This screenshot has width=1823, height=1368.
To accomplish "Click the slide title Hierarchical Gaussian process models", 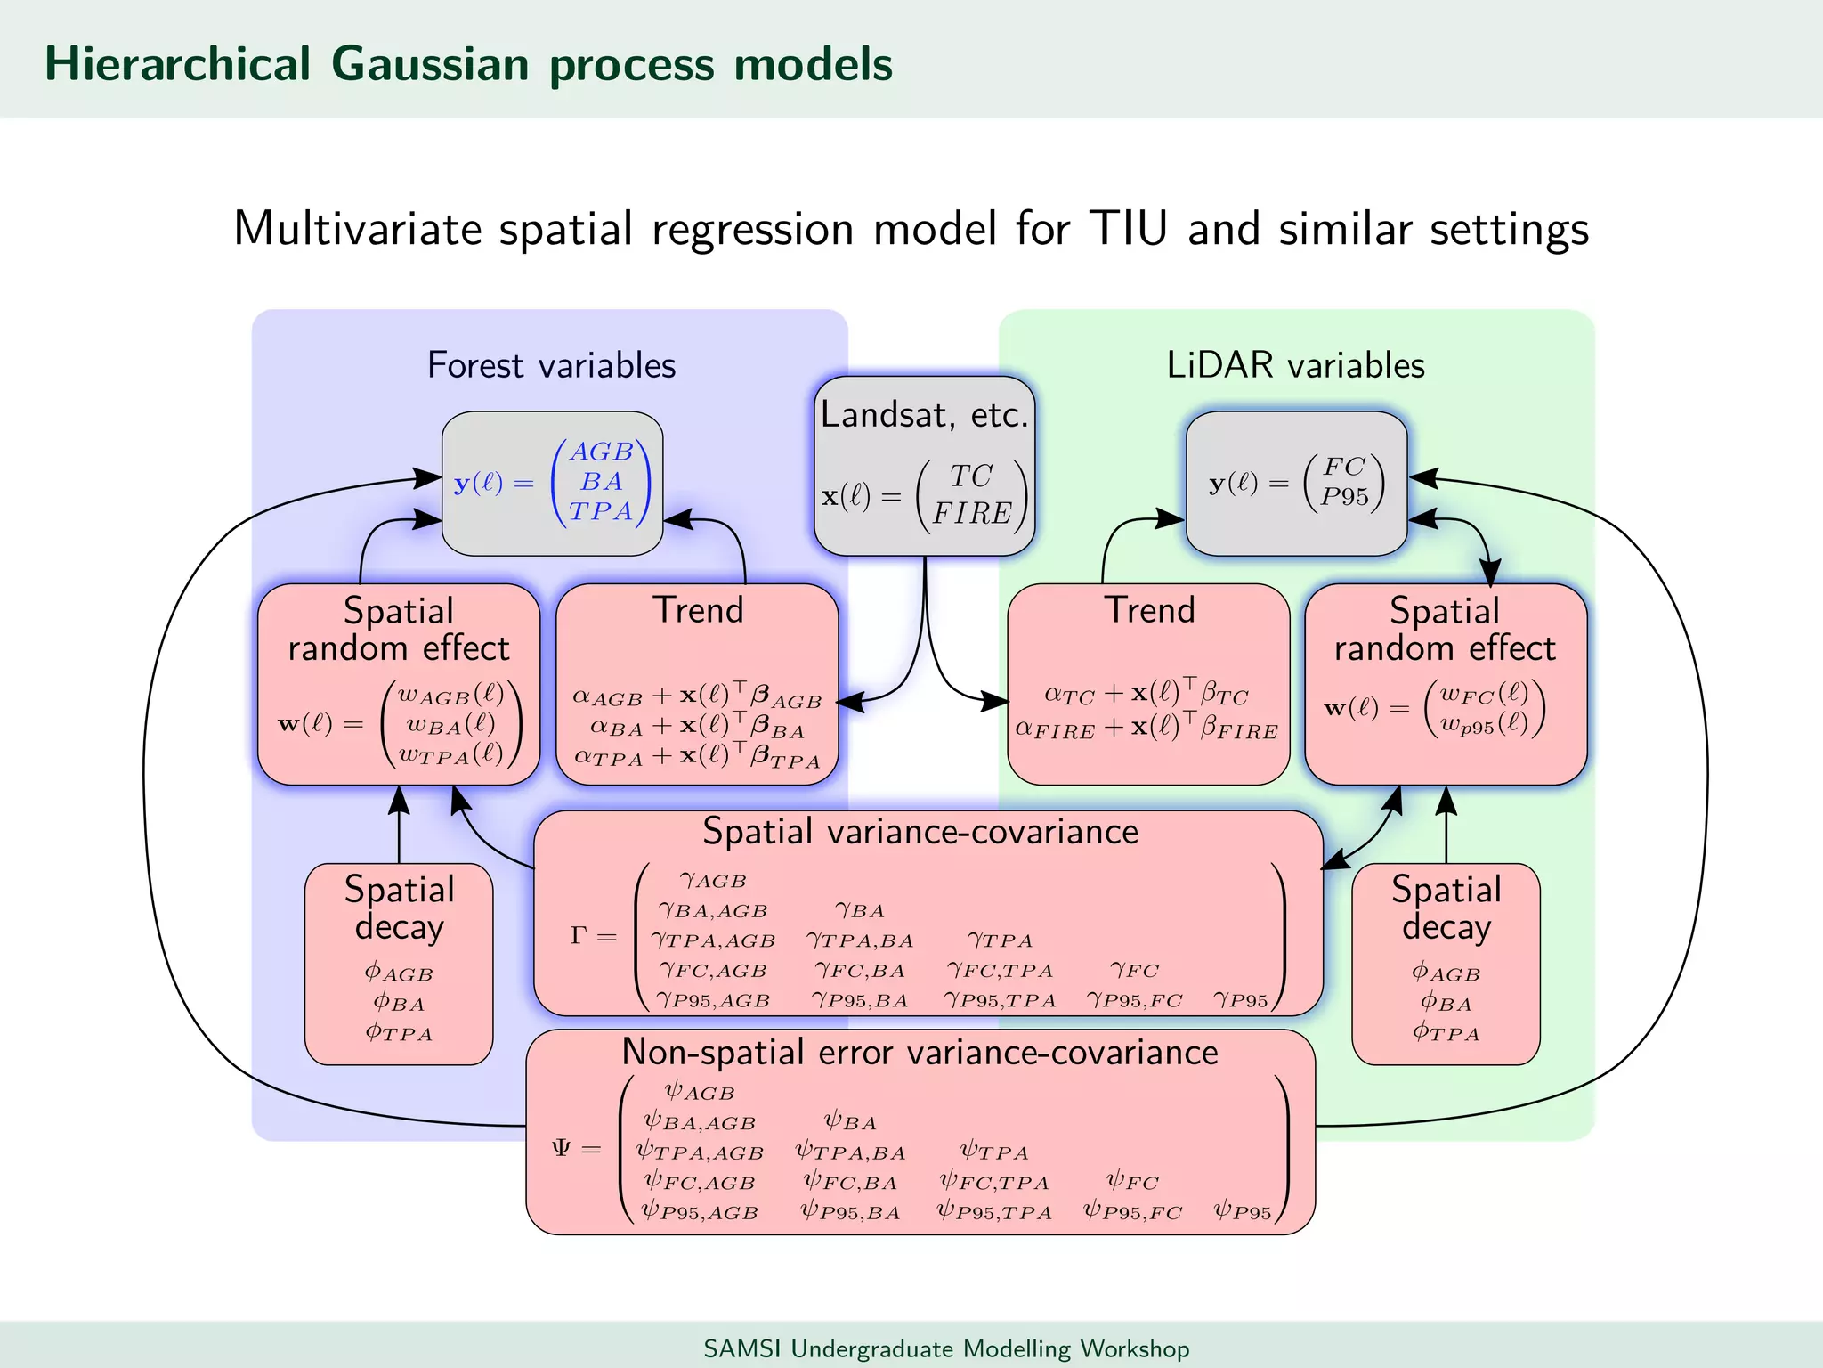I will click(468, 64).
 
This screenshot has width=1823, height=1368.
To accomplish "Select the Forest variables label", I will click(551, 365).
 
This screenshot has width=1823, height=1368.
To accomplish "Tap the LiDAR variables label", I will click(1295, 365).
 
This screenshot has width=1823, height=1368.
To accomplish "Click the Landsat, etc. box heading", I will click(924, 415).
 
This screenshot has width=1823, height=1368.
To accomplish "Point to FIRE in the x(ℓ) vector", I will click(971, 514).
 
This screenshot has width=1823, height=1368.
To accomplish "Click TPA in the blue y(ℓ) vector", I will click(601, 511).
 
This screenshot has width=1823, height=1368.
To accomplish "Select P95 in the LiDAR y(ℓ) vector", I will click(1344, 497).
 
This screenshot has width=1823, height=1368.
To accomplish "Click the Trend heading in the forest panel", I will click(698, 610).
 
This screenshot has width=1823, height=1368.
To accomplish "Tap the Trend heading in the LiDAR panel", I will click(1149, 610).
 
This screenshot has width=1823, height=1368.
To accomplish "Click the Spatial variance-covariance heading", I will click(920, 831).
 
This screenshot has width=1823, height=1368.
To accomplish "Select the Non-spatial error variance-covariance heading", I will click(920, 1052).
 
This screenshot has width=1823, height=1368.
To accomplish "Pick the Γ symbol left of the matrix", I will click(579, 936).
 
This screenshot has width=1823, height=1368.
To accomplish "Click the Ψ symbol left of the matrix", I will click(562, 1147).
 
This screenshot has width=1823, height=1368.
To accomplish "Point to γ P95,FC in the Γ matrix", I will click(1134, 1000).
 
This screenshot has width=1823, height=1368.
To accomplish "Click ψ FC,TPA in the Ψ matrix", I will click(994, 1182).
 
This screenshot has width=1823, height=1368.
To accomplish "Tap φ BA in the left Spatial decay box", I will click(399, 1003).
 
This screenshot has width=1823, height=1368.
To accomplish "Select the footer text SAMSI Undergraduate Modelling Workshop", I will click(946, 1348).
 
